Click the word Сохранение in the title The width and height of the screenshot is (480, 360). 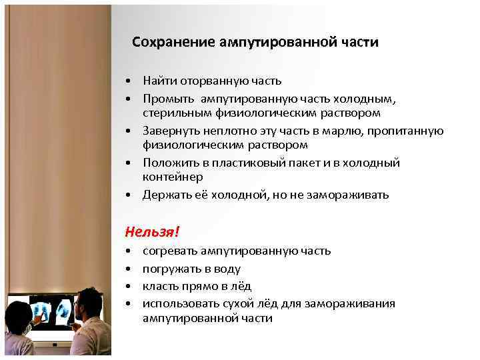coord(171,42)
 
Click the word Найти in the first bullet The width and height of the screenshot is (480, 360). coord(157,81)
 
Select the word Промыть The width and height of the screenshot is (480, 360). coord(163,99)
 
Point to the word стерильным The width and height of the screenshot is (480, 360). coord(172,113)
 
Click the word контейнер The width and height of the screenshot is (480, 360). coord(172,177)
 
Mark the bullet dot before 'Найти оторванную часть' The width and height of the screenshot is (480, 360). coord(127,82)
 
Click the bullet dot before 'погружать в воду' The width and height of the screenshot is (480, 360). coord(127,269)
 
